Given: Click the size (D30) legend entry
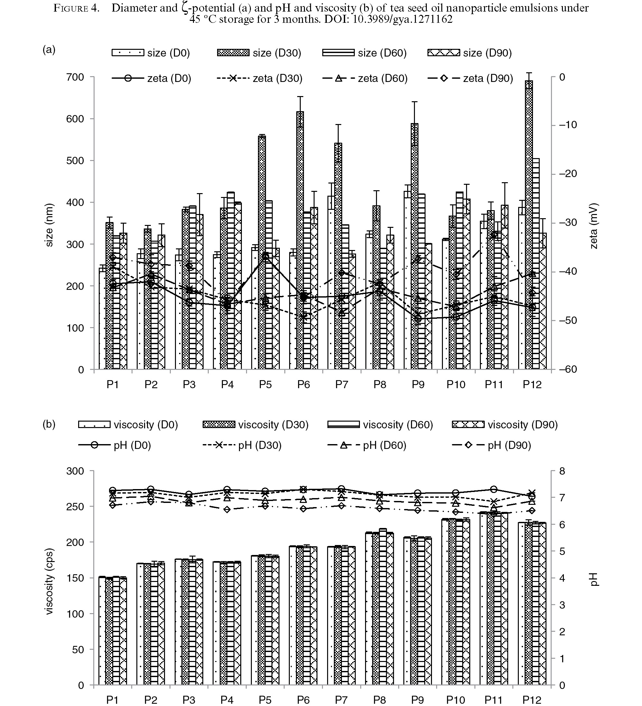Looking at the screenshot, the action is (x=259, y=53).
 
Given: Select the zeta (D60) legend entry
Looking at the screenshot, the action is (x=365, y=78).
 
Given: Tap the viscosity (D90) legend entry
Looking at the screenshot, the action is (x=505, y=425).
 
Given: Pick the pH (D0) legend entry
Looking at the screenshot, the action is (x=115, y=445).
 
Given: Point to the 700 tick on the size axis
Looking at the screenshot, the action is (x=75, y=77).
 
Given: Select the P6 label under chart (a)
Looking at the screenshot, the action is (x=304, y=385).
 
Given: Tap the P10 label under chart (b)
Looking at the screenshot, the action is (x=455, y=700).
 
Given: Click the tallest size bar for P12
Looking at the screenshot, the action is (x=529, y=225).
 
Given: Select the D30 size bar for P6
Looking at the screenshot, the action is (x=300, y=241).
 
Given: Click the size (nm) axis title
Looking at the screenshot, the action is (x=50, y=225).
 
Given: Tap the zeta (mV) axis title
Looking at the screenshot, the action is (x=594, y=226).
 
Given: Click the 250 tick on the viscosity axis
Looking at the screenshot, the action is (x=75, y=507).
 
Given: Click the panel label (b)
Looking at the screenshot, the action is (x=49, y=424).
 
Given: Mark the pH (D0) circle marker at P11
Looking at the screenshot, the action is (x=494, y=489).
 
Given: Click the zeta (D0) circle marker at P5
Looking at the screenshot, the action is (x=265, y=256).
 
